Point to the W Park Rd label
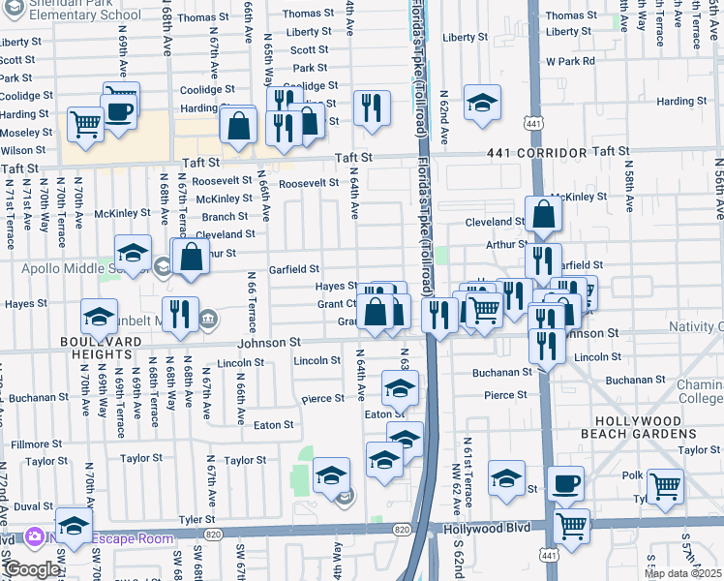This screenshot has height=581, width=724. coord(570,61)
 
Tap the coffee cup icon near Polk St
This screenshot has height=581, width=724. coord(565,483)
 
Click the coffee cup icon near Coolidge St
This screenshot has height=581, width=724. coord(120,109)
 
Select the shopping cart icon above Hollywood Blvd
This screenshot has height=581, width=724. coord(571,526)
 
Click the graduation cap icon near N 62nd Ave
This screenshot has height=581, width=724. coord(481,103)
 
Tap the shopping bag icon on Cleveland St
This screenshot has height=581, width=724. coord(544,215)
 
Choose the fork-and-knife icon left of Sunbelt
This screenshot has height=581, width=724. coord(179,314)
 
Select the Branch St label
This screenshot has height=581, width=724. coord(225,217)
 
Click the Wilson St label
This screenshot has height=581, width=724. coord(23,150)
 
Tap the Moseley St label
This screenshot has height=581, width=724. coord(26,132)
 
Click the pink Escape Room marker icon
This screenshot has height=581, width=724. coord(34,535)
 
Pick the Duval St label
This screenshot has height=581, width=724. coord(33,505)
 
